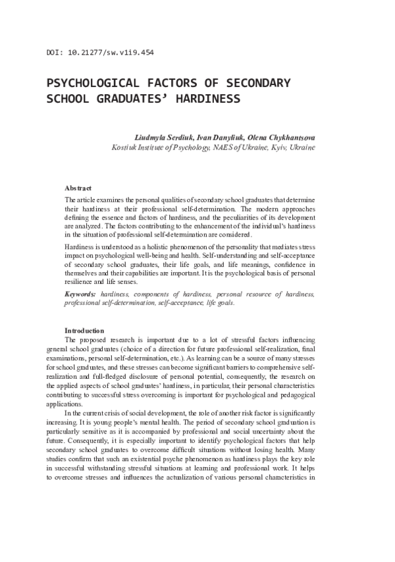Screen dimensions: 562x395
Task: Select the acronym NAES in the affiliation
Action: click(x=224, y=148)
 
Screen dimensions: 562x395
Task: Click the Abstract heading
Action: click(x=78, y=188)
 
